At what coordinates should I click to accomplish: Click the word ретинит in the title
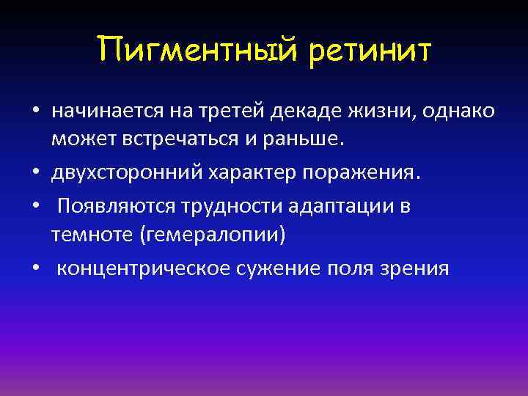point(371,51)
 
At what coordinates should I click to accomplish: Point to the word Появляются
point(117,207)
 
